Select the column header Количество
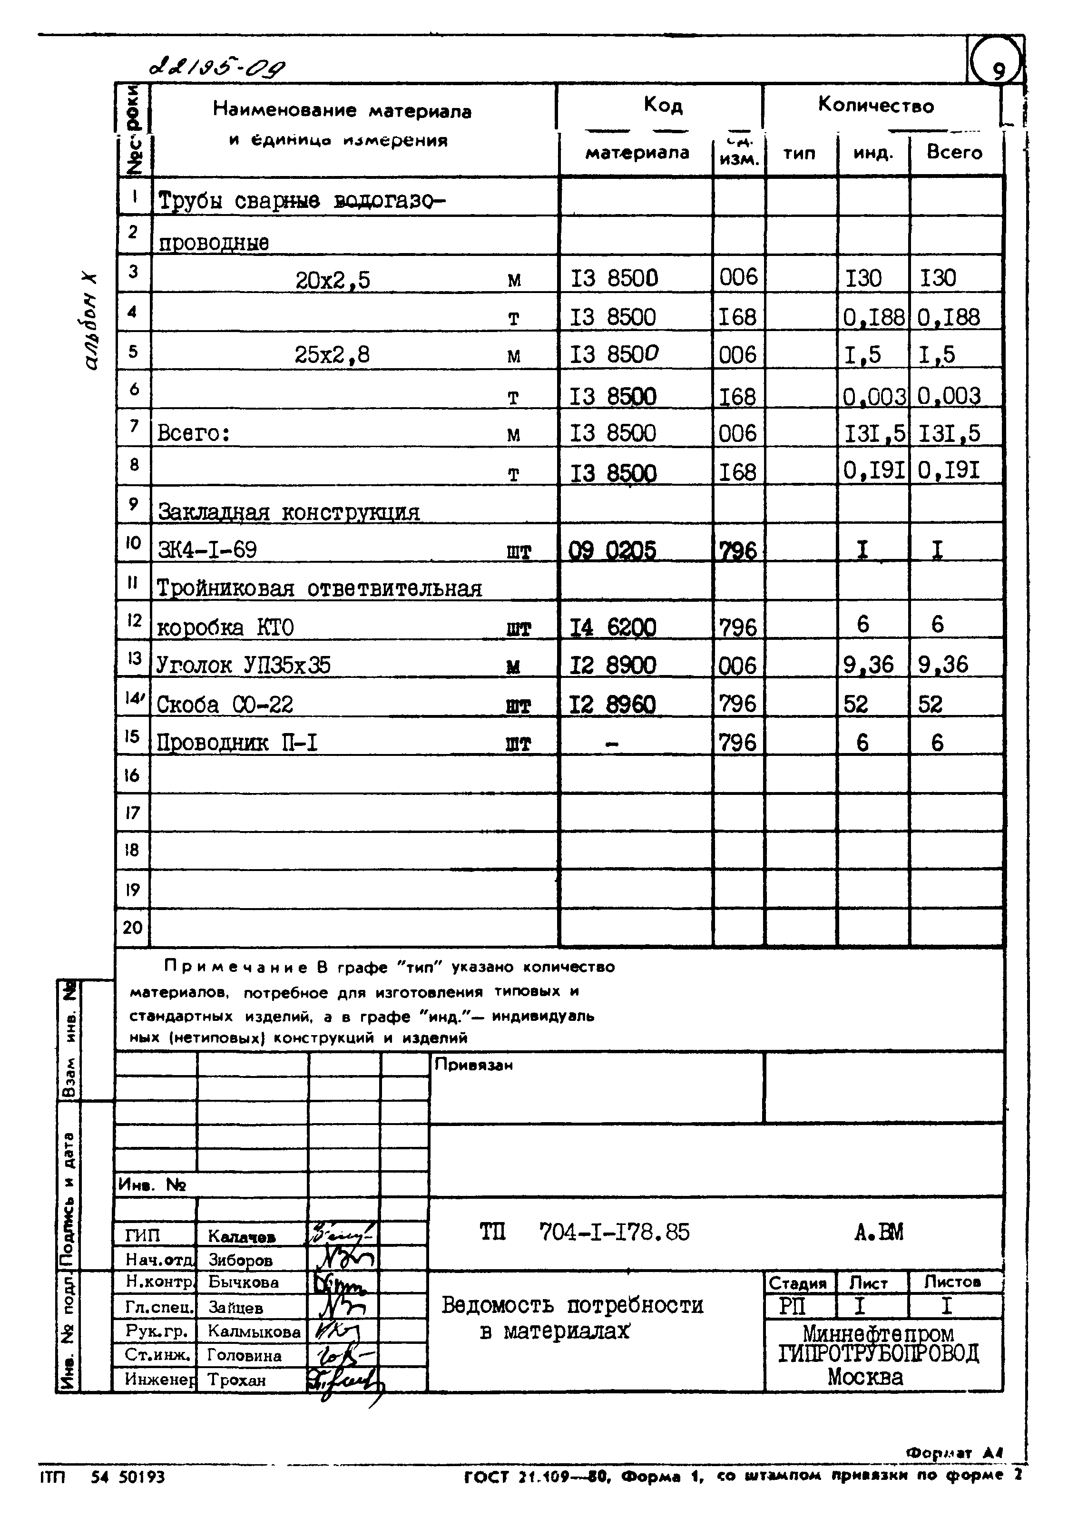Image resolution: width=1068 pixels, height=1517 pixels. (x=876, y=106)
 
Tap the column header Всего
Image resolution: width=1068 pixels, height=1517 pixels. (x=954, y=153)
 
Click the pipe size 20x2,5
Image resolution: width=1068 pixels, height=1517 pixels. (x=333, y=281)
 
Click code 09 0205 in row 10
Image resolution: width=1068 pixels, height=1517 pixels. (x=613, y=550)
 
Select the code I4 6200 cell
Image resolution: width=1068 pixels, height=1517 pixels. (x=613, y=626)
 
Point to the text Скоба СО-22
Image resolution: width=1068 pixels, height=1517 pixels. (x=225, y=705)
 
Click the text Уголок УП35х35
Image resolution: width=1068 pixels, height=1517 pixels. (x=243, y=666)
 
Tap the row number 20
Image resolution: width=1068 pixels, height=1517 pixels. (x=132, y=928)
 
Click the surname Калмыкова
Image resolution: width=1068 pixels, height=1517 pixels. (x=254, y=1331)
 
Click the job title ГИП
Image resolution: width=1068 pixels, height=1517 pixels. (x=143, y=1235)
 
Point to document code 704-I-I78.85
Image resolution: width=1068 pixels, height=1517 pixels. (x=614, y=1232)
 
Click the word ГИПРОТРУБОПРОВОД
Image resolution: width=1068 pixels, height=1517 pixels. (x=878, y=1354)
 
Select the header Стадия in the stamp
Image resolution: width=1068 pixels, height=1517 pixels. (x=798, y=1283)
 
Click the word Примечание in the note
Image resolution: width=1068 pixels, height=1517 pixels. (x=235, y=967)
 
